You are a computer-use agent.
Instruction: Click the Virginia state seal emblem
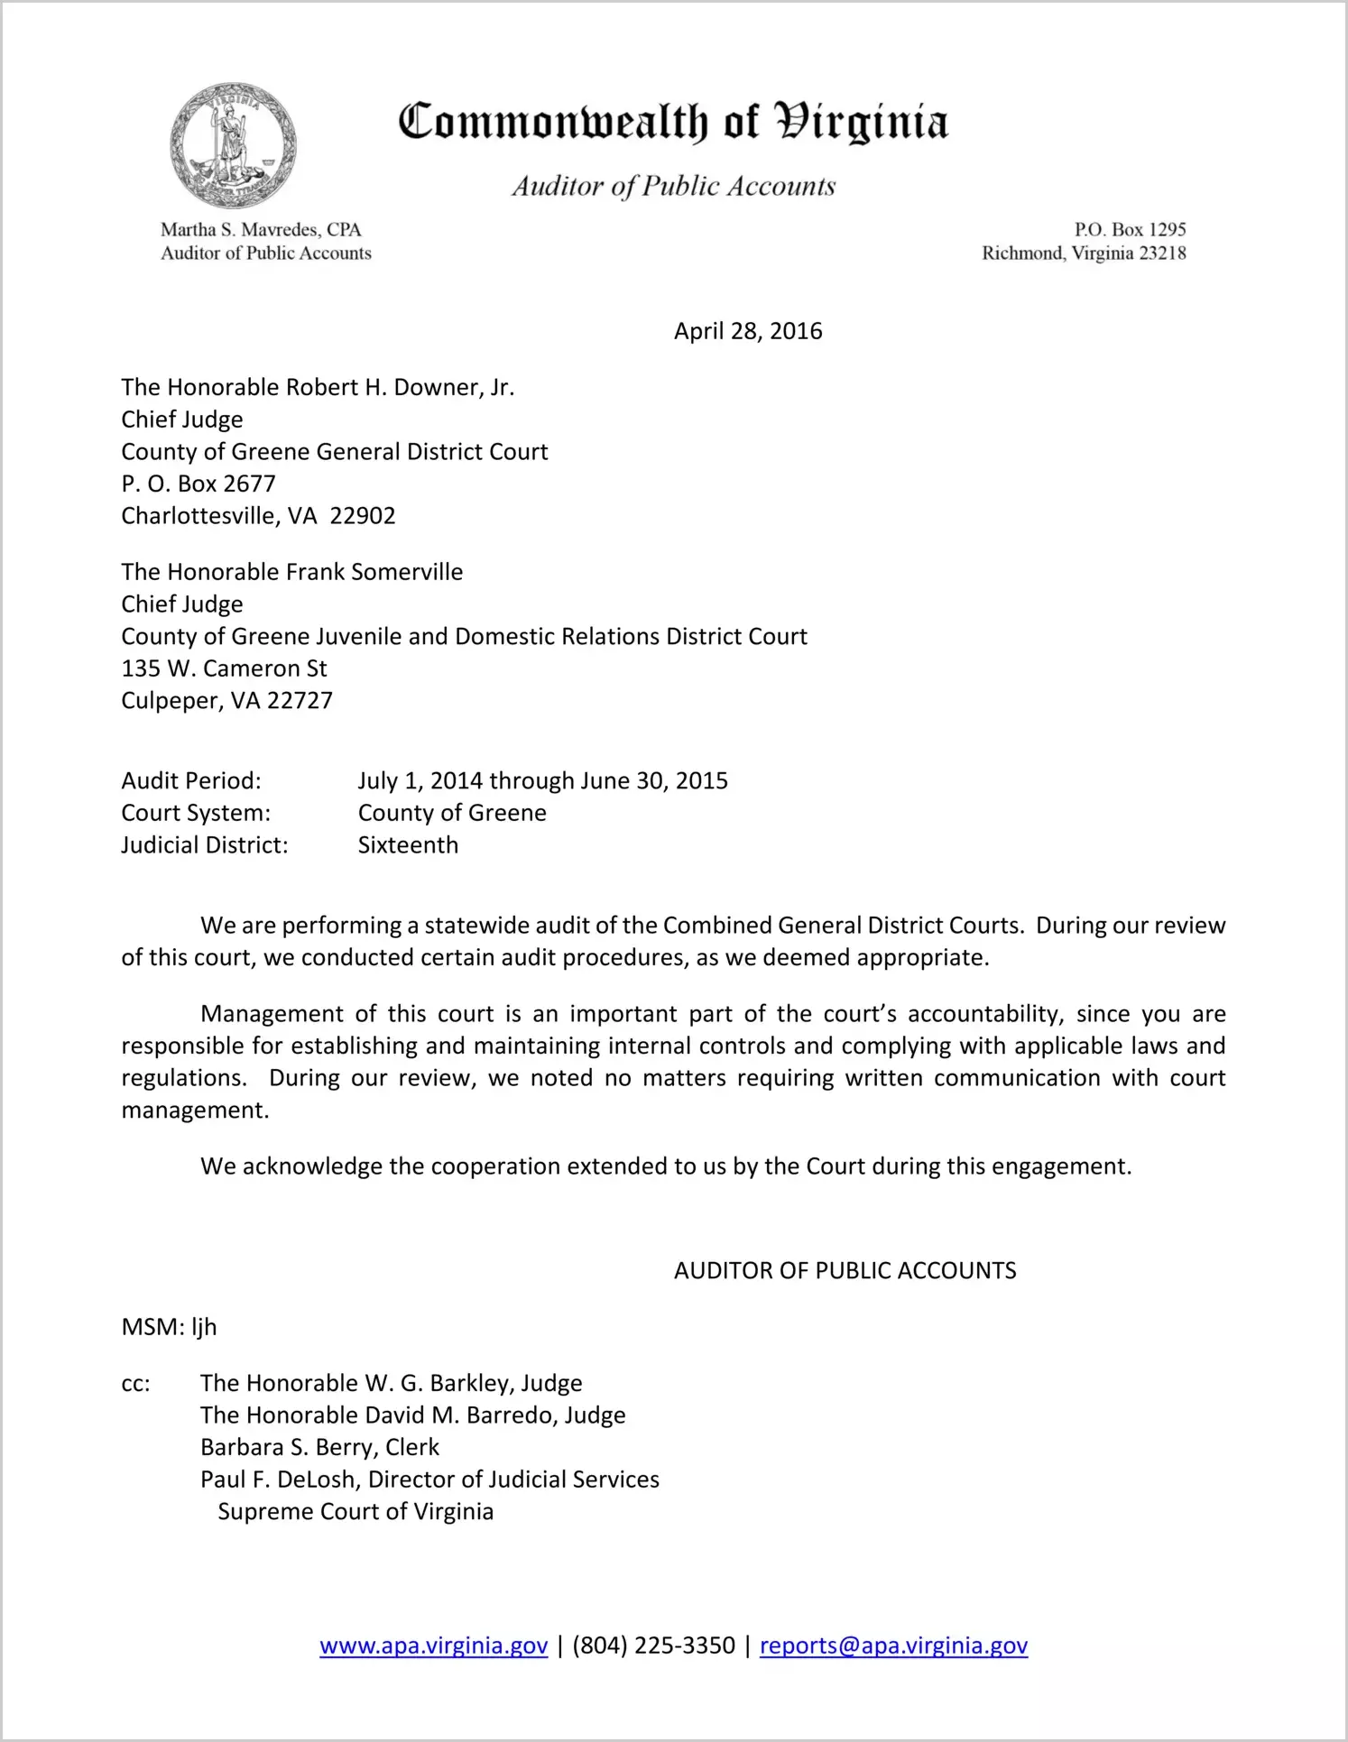point(233,145)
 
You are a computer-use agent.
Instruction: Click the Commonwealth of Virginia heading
point(673,123)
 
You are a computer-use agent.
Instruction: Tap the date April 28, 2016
point(748,331)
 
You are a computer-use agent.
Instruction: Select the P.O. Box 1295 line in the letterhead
point(1130,230)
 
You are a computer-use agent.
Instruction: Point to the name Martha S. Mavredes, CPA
point(261,230)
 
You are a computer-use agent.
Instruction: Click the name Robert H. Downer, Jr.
point(400,388)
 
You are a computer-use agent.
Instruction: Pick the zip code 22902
point(363,516)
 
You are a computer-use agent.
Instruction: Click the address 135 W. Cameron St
point(224,668)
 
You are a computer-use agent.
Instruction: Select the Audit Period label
point(191,781)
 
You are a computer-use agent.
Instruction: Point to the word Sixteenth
point(408,845)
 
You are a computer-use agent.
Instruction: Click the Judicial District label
point(205,845)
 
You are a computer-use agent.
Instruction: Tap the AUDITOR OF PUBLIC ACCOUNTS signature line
point(845,1271)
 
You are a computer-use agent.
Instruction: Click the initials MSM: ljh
point(169,1327)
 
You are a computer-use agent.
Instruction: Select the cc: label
point(135,1384)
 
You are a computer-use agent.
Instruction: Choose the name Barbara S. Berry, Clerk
point(319,1448)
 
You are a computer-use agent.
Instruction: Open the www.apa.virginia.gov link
point(433,1646)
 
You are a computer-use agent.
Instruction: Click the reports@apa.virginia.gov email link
point(893,1646)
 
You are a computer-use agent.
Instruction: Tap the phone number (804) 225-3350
point(653,1646)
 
